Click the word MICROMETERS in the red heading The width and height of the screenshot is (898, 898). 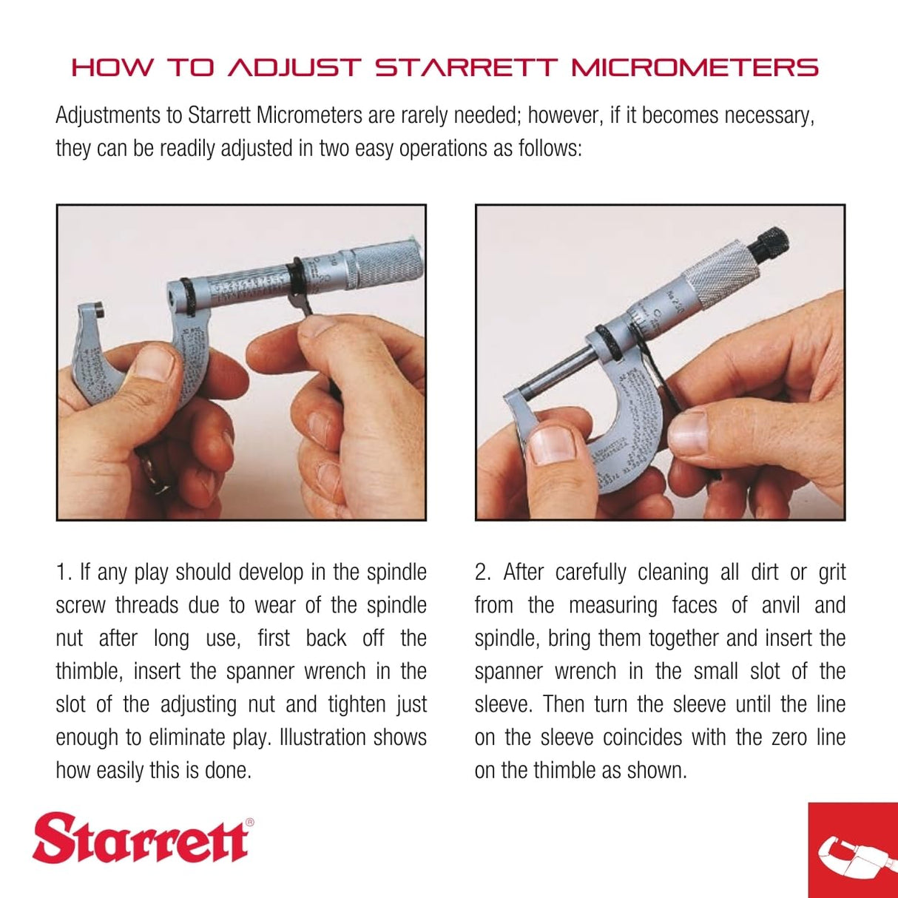point(695,68)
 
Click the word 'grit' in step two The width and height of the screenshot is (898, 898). point(831,573)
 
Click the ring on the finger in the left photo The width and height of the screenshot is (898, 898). point(153,473)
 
